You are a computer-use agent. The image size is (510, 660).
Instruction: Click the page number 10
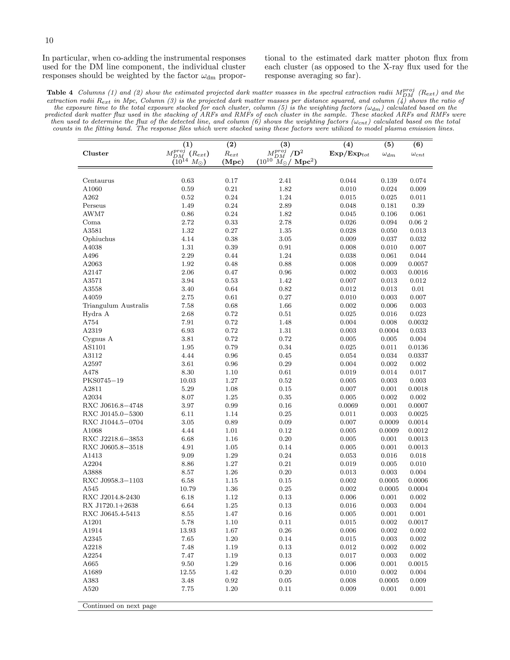point(49,41)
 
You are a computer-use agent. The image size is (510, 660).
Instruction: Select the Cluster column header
point(95,153)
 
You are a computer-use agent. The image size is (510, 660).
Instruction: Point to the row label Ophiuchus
point(99,239)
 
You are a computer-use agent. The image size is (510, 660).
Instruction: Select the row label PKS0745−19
point(103,381)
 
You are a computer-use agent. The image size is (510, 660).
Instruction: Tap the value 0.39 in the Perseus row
point(418,206)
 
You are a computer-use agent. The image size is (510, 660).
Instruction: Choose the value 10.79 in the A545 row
point(188,489)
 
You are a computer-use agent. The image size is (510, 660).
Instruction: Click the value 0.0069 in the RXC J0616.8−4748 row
point(348,406)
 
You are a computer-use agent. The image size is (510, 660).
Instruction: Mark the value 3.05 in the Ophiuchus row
point(285,239)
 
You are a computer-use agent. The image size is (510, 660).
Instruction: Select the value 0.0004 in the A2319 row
point(389,331)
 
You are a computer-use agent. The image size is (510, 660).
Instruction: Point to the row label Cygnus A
point(98,339)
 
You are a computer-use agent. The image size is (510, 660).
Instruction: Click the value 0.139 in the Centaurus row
point(389,181)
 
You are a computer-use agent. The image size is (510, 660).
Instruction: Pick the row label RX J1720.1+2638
point(111,506)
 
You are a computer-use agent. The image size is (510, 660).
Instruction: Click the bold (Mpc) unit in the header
point(233,162)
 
